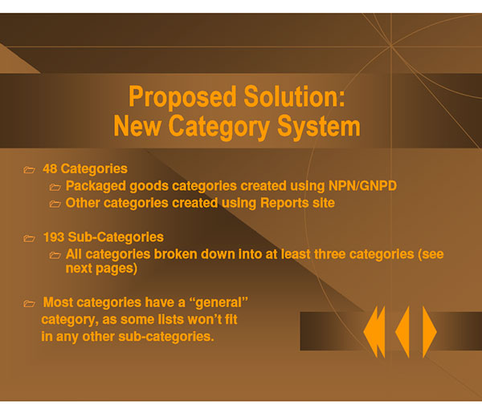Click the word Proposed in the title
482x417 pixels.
click(x=182, y=98)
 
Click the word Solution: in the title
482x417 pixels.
click(x=294, y=96)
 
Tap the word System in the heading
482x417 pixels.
click(x=319, y=126)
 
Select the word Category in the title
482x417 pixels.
click(x=219, y=127)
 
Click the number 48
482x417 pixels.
click(x=50, y=168)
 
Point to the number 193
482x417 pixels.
click(x=54, y=237)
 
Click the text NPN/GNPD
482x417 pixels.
click(x=362, y=186)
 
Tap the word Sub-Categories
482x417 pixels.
click(x=116, y=237)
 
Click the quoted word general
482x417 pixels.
click(x=219, y=303)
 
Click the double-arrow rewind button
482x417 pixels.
click(x=374, y=332)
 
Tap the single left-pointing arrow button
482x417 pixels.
click(x=402, y=332)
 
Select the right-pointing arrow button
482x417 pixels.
click(x=430, y=332)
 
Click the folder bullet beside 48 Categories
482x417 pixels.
click(x=29, y=170)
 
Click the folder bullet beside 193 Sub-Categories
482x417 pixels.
click(x=29, y=238)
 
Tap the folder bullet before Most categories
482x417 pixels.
click(x=29, y=303)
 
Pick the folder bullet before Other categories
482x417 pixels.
click(x=55, y=204)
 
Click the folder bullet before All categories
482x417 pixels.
click(x=55, y=255)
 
